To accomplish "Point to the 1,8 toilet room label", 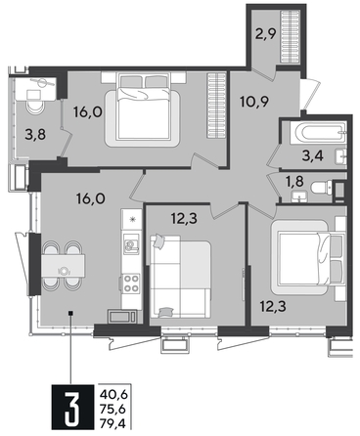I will (x=292, y=182).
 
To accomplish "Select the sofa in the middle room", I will (x=183, y=273).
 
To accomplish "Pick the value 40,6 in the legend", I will (x=112, y=394).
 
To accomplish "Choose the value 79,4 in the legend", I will (x=112, y=422).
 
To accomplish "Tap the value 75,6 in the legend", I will (x=112, y=409).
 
